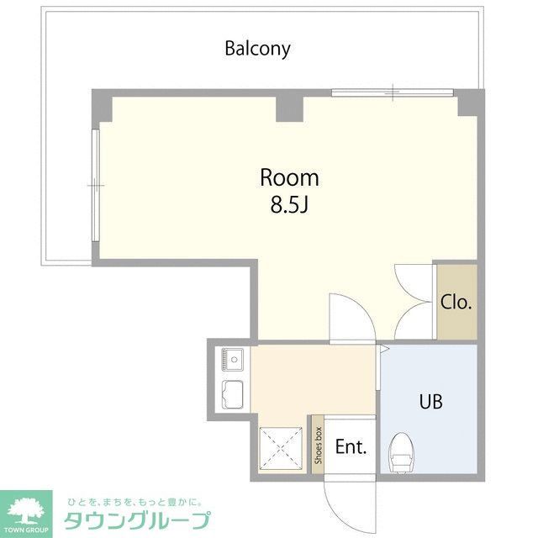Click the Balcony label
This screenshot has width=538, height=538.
257,48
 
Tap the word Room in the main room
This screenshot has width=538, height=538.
289,178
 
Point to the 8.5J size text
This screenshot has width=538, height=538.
289,203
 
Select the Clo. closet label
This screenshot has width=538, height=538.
456,303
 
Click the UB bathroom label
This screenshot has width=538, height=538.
431,401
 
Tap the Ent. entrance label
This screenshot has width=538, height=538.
351,446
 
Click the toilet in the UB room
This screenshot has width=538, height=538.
402,451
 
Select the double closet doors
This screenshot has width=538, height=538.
414,303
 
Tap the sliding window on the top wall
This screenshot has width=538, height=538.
394,91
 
